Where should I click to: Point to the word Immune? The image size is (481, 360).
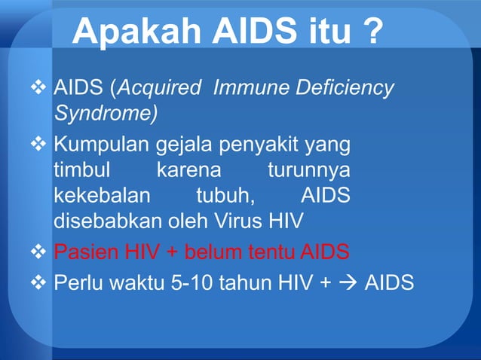click(x=247, y=89)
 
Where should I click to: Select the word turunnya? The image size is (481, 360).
click(x=309, y=169)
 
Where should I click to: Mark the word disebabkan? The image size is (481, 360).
click(x=109, y=222)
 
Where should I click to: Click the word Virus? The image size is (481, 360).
click(x=251, y=222)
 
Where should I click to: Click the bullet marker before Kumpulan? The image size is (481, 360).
click(x=41, y=143)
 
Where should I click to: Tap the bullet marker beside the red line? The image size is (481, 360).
click(x=41, y=251)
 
